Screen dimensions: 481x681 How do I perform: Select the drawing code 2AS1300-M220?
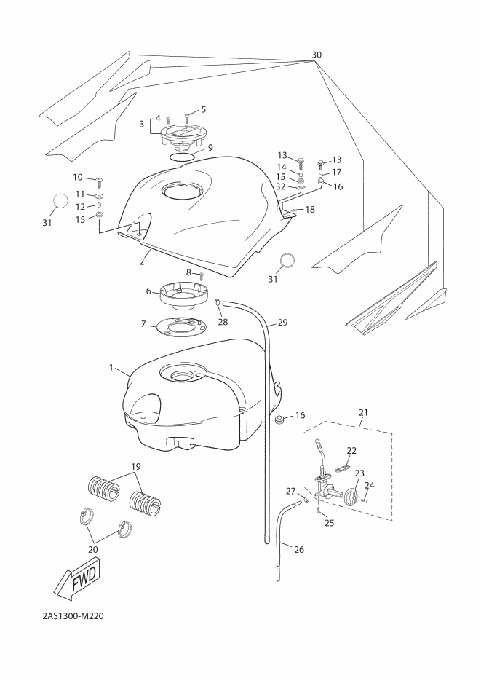tap(73, 616)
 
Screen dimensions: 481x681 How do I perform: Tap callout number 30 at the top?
tap(317, 55)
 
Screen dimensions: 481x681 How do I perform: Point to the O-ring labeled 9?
tap(182, 157)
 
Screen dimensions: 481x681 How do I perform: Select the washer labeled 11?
tap(98, 195)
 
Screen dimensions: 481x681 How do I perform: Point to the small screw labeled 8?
tap(202, 275)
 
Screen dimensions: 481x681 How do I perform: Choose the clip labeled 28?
tap(219, 303)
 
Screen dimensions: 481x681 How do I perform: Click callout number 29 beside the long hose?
tap(282, 323)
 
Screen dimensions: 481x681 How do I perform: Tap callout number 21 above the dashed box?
tap(363, 412)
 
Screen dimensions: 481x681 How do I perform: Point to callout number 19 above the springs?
tap(136, 467)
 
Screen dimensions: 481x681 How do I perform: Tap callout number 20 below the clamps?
tap(93, 549)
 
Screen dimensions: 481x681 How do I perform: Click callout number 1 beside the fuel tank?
tap(111, 368)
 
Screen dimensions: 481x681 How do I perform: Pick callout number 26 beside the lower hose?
tap(299, 549)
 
